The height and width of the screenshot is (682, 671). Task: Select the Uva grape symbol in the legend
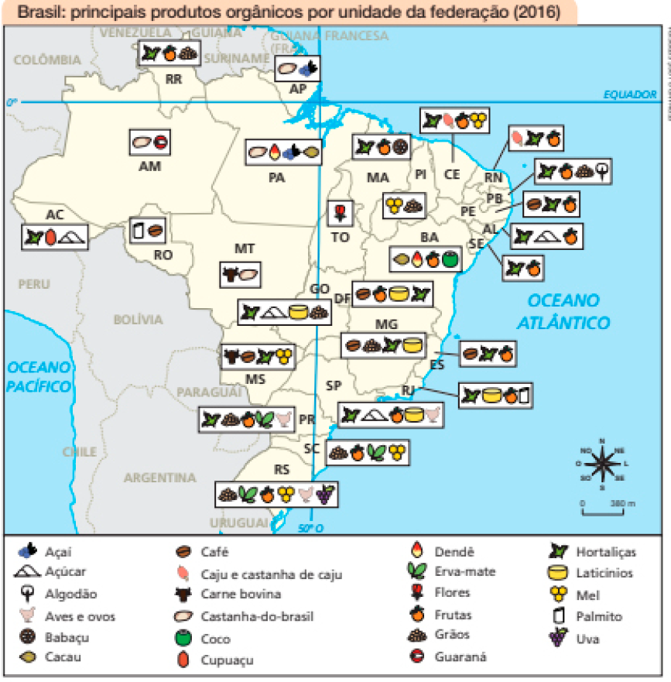click(555, 637)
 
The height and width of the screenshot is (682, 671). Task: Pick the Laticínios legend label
click(604, 573)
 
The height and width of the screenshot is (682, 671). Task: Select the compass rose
click(602, 463)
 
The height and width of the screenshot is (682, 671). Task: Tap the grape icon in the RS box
click(325, 492)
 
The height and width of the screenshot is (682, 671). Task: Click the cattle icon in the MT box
click(230, 273)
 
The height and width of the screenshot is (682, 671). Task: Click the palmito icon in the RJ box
click(524, 396)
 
